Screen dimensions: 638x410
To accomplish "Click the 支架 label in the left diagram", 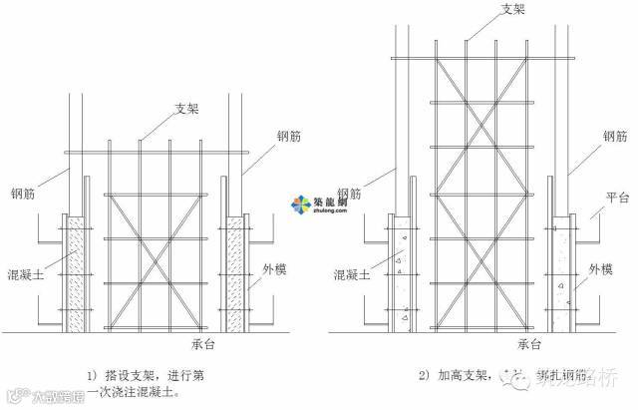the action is pos(187,109).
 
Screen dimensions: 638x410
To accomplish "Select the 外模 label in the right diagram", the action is pos(600,269).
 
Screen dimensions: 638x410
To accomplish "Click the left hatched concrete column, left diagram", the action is pos(73,273).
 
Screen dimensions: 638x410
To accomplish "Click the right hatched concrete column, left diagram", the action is pos(235,273).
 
